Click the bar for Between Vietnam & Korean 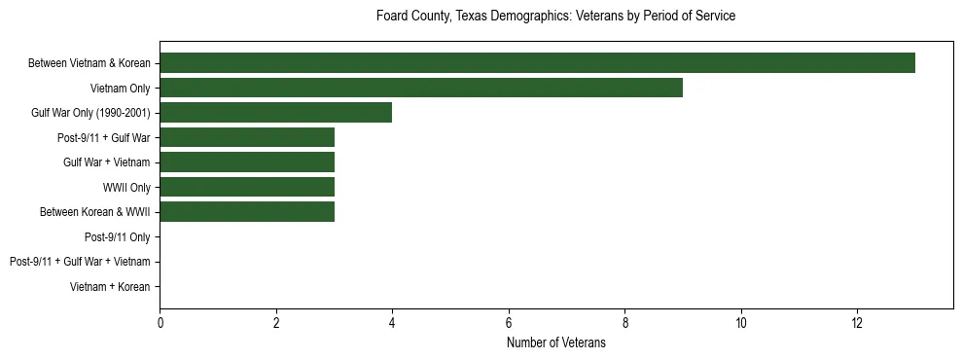pyautogui.click(x=537, y=63)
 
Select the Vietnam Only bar pyautogui.click(x=421, y=88)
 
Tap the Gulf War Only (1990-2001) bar pyautogui.click(x=275, y=113)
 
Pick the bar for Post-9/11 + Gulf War pyautogui.click(x=247, y=137)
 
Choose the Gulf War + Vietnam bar pyautogui.click(x=247, y=162)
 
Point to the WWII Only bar pyautogui.click(x=247, y=187)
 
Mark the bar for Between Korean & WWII pyautogui.click(x=247, y=212)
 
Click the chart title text pyautogui.click(x=555, y=17)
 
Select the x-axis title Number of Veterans pyautogui.click(x=555, y=342)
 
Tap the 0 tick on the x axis pyautogui.click(x=160, y=322)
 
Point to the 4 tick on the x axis pyautogui.click(x=392, y=322)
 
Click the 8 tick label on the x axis pyautogui.click(x=624, y=322)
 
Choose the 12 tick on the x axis pyautogui.click(x=857, y=322)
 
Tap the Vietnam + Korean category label pyautogui.click(x=110, y=286)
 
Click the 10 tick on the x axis pyautogui.click(x=741, y=322)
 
